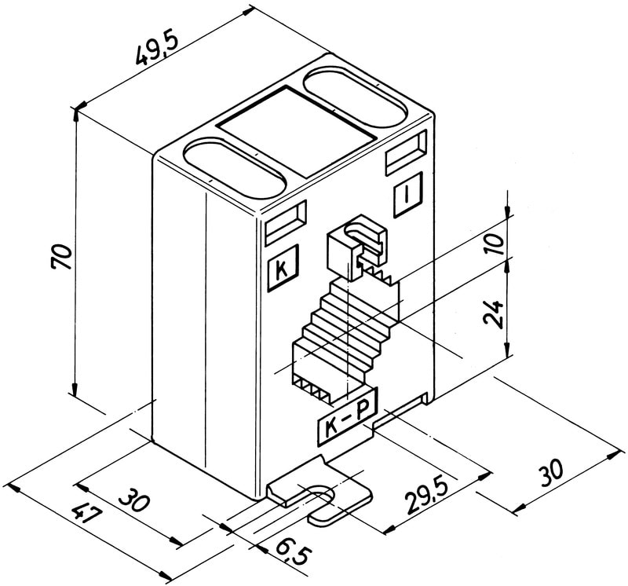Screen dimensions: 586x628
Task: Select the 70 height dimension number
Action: [x=62, y=257]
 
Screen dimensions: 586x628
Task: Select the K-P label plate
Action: [x=346, y=420]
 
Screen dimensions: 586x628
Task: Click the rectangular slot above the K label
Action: [x=286, y=223]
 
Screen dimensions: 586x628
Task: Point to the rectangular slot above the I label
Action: [x=406, y=152]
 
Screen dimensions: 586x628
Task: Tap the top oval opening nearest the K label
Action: [x=233, y=170]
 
